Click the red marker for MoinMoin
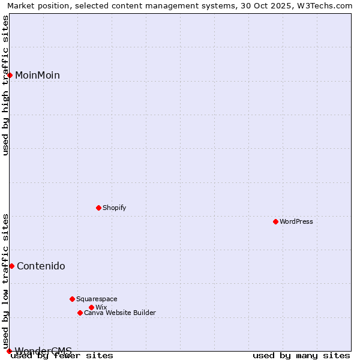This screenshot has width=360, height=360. click(10, 75)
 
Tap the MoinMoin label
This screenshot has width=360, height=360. click(37, 76)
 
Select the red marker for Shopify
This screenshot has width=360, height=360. click(98, 208)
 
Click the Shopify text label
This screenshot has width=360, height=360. click(114, 208)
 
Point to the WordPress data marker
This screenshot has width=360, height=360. click(275, 221)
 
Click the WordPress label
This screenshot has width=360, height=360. click(296, 222)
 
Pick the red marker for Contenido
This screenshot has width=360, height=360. click(11, 266)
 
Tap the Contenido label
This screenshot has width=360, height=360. click(41, 266)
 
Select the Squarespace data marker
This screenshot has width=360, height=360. click(72, 299)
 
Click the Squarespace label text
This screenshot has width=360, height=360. click(97, 299)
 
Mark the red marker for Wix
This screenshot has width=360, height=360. click(91, 307)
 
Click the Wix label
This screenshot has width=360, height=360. click(101, 308)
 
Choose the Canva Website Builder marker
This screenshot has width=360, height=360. click(80, 313)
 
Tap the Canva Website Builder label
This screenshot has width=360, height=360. click(120, 313)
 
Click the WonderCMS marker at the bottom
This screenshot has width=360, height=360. click(9, 351)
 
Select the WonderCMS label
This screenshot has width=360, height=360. click(43, 351)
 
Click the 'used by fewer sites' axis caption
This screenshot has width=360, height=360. click(62, 356)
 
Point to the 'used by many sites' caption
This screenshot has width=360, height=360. click(301, 356)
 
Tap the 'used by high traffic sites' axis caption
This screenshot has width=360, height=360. click(6, 85)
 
